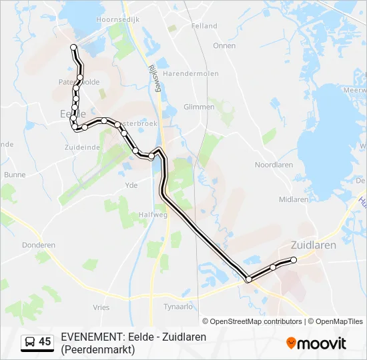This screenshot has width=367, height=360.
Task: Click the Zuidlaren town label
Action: (x=313, y=245)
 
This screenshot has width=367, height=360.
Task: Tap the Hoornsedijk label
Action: (x=117, y=20)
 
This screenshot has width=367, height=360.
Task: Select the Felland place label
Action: (x=204, y=26)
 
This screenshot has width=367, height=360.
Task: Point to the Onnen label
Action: (x=224, y=46)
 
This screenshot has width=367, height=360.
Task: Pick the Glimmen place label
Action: (x=199, y=107)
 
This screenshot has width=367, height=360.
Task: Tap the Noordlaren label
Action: (x=274, y=165)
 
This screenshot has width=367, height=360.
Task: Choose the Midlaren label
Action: (x=294, y=199)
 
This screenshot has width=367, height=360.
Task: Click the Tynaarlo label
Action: (x=178, y=307)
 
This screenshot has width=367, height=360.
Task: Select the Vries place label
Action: (x=101, y=307)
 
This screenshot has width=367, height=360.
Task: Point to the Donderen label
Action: (x=39, y=245)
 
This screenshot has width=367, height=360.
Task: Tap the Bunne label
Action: (x=15, y=175)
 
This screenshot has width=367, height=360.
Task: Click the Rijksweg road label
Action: (x=153, y=77)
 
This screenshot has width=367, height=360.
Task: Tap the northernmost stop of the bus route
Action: (x=73, y=47)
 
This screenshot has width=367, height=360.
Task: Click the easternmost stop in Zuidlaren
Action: (x=294, y=260)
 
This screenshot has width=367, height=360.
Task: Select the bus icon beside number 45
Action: (x=30, y=342)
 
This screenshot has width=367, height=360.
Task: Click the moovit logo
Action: (x=316, y=343)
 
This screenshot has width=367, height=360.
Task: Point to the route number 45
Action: (x=45, y=342)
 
